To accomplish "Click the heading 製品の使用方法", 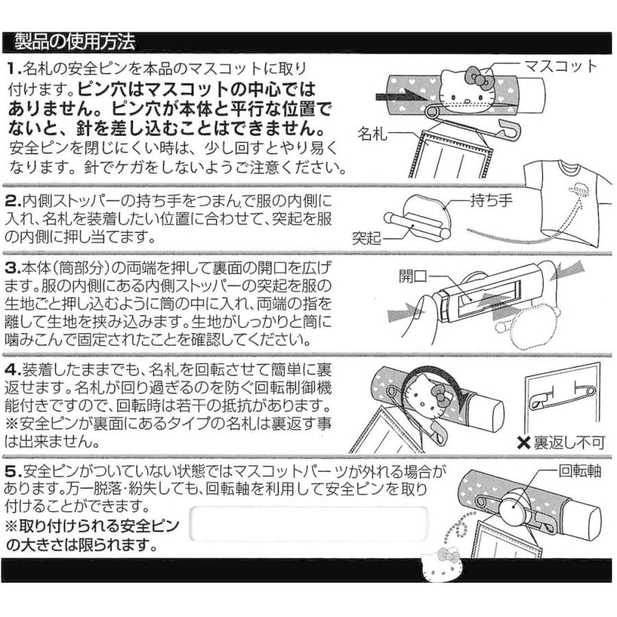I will [x=75, y=43].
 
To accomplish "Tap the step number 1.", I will [x=14, y=69].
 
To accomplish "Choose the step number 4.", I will [x=14, y=369].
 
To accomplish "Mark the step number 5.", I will [x=14, y=472].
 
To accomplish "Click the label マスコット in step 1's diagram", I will [x=560, y=66].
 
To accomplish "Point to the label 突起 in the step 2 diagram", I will [x=367, y=238].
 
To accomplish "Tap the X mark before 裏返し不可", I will [x=523, y=442].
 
